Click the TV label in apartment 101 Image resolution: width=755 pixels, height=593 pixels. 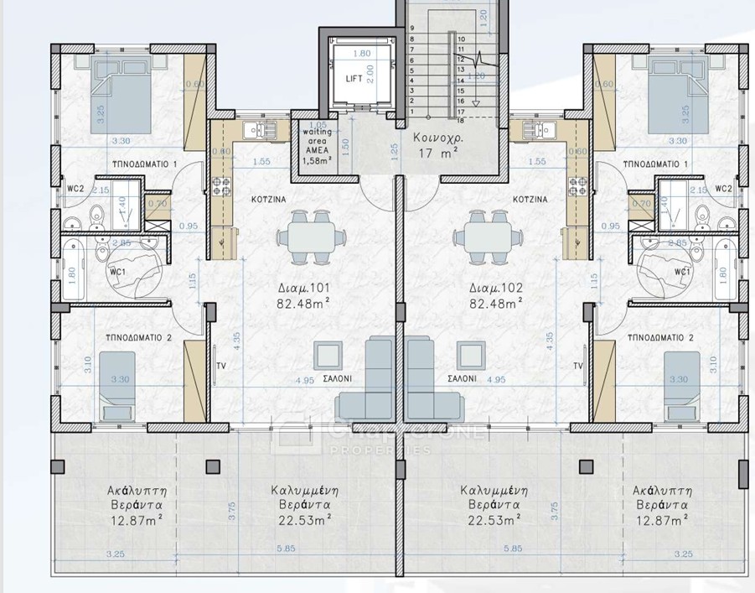220,367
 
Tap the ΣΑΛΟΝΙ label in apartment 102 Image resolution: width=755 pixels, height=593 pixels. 461,378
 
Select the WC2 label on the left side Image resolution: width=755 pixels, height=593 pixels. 75,189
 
